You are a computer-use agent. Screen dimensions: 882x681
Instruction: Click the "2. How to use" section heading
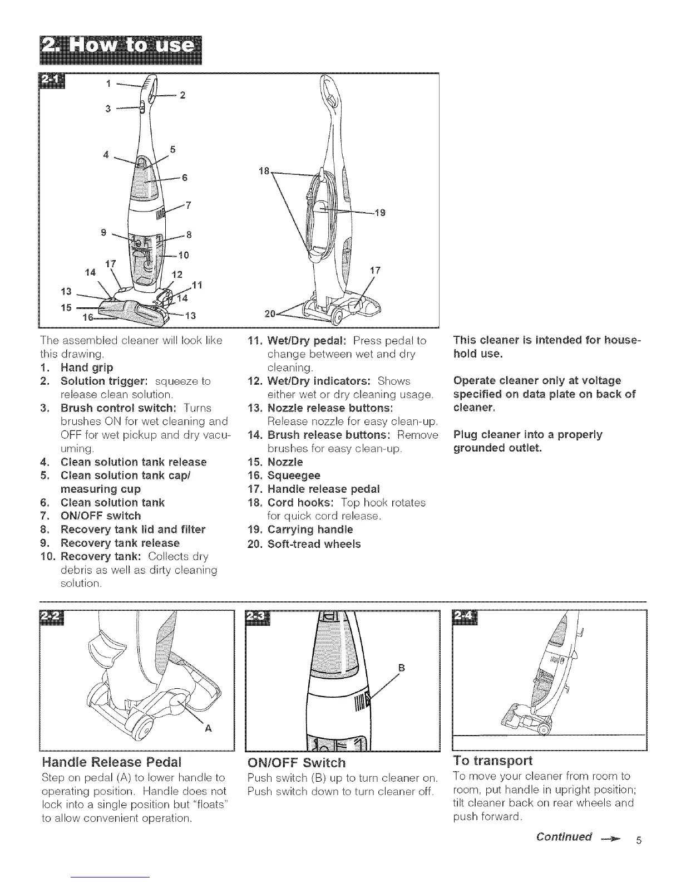click(x=118, y=50)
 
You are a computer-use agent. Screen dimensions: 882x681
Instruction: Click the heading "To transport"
click(x=493, y=761)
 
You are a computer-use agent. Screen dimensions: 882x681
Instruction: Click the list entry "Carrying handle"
click(x=309, y=529)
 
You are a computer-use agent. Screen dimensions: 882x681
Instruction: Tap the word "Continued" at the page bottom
click(x=564, y=837)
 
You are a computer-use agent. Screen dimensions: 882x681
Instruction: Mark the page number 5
click(x=639, y=840)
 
